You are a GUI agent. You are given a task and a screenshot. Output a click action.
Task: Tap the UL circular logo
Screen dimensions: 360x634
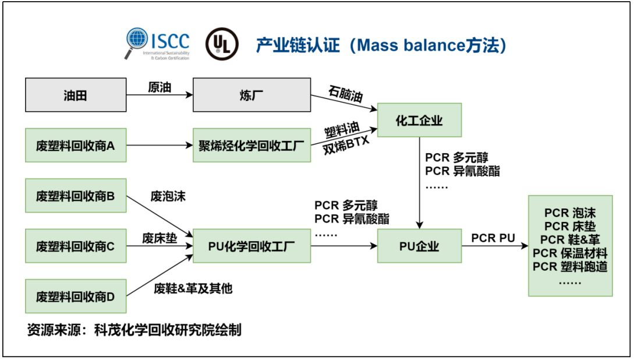tap(221, 44)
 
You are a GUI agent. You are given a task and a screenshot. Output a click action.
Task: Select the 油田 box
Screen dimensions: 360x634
tap(76, 95)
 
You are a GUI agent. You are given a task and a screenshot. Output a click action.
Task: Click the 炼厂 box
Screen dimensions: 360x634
tap(250, 95)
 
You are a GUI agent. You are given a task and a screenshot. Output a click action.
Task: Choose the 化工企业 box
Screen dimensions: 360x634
tap(419, 121)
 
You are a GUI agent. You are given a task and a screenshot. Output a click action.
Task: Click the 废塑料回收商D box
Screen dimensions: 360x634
tap(76, 297)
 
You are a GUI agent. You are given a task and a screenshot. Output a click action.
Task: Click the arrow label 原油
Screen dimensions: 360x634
tap(160, 87)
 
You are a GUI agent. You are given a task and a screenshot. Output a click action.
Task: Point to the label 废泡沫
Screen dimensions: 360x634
tap(168, 196)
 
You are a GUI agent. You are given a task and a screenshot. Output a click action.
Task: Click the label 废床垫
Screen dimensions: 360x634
tap(160, 238)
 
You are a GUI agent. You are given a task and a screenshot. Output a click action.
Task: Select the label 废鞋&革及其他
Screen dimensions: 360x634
tap(193, 288)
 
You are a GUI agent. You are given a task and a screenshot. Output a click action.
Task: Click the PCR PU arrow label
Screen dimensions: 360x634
tap(493, 238)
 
